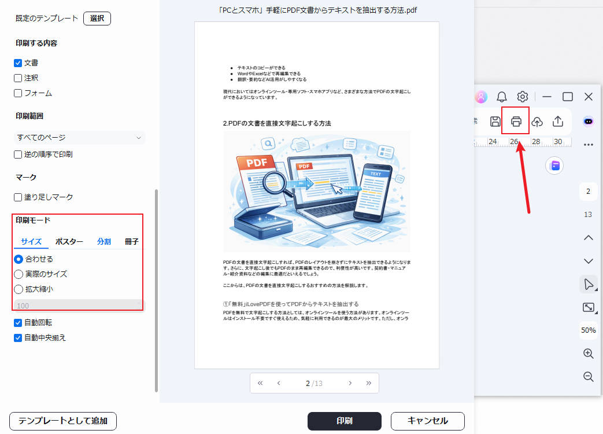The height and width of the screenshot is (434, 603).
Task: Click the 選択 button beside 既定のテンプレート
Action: [x=97, y=18]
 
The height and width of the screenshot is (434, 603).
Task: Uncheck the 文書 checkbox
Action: [x=18, y=62]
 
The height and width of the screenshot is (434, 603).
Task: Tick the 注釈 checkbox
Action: [x=18, y=78]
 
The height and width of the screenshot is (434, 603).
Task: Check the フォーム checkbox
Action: [x=18, y=93]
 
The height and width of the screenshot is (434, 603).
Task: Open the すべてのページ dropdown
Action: [x=79, y=137]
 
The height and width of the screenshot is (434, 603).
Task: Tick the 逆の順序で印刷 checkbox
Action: [x=18, y=155]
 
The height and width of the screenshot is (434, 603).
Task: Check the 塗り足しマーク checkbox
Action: [x=18, y=197]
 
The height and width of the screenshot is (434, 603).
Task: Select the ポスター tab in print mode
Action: [x=69, y=241]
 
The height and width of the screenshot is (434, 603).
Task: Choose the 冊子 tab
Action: [x=131, y=241]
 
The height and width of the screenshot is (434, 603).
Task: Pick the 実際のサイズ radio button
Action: [x=19, y=274]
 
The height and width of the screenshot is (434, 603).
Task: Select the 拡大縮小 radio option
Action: [x=19, y=289]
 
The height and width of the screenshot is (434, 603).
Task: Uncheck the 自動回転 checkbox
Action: [x=18, y=322]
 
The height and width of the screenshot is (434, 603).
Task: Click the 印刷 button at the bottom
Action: [x=344, y=421]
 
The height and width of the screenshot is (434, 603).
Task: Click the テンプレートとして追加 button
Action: [x=63, y=421]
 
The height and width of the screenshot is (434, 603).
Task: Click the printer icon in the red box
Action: [x=516, y=121]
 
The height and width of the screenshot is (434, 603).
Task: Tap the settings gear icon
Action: [x=523, y=97]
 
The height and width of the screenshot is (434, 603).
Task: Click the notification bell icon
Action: [x=502, y=97]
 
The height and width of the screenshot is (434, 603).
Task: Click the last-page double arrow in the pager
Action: [x=368, y=383]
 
